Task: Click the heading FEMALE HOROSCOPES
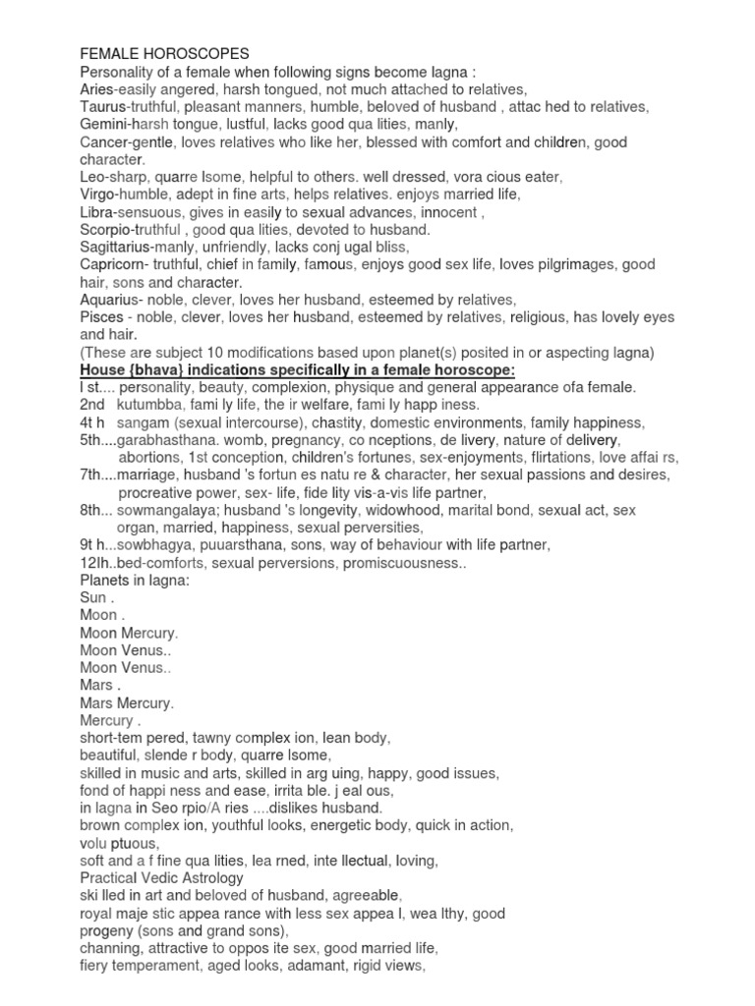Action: pos(164,53)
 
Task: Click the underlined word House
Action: pos(105,369)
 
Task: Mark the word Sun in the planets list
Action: pos(93,597)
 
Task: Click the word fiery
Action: pos(95,967)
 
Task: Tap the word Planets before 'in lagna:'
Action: pos(106,580)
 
